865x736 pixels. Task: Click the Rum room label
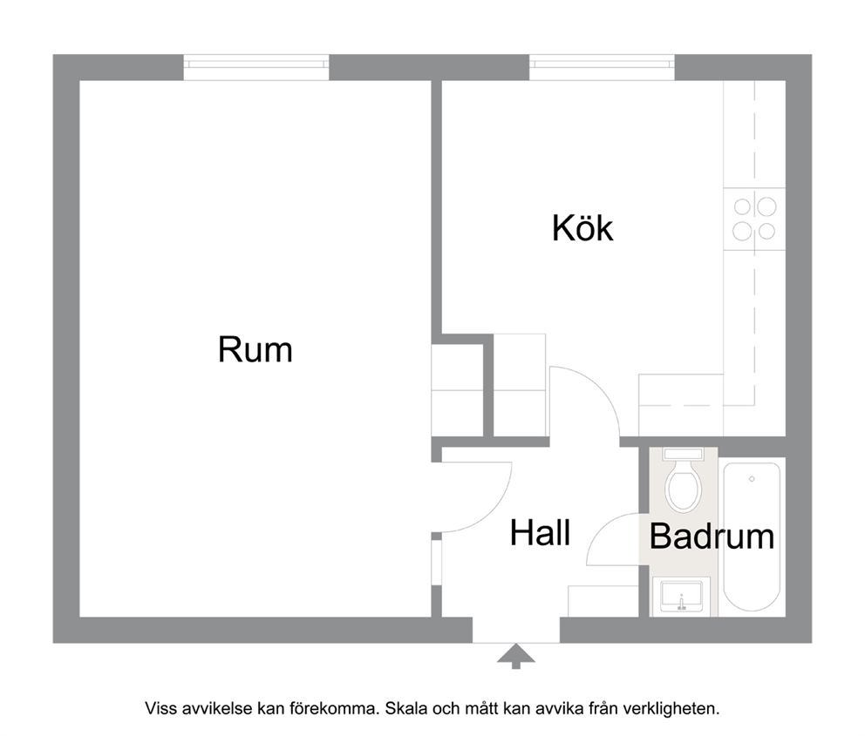click(x=255, y=349)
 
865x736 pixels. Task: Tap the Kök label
click(x=582, y=227)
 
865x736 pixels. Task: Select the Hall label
click(x=540, y=533)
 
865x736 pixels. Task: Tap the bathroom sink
click(x=681, y=596)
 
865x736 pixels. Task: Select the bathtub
click(x=752, y=537)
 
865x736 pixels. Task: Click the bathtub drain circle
click(x=752, y=479)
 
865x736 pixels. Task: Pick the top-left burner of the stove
click(x=743, y=207)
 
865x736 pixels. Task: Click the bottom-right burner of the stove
click(x=766, y=232)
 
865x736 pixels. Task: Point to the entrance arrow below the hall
click(x=516, y=656)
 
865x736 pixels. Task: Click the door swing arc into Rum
click(x=492, y=512)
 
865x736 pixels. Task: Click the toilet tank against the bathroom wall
click(x=683, y=455)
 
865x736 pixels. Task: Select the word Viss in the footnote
click(x=158, y=708)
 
